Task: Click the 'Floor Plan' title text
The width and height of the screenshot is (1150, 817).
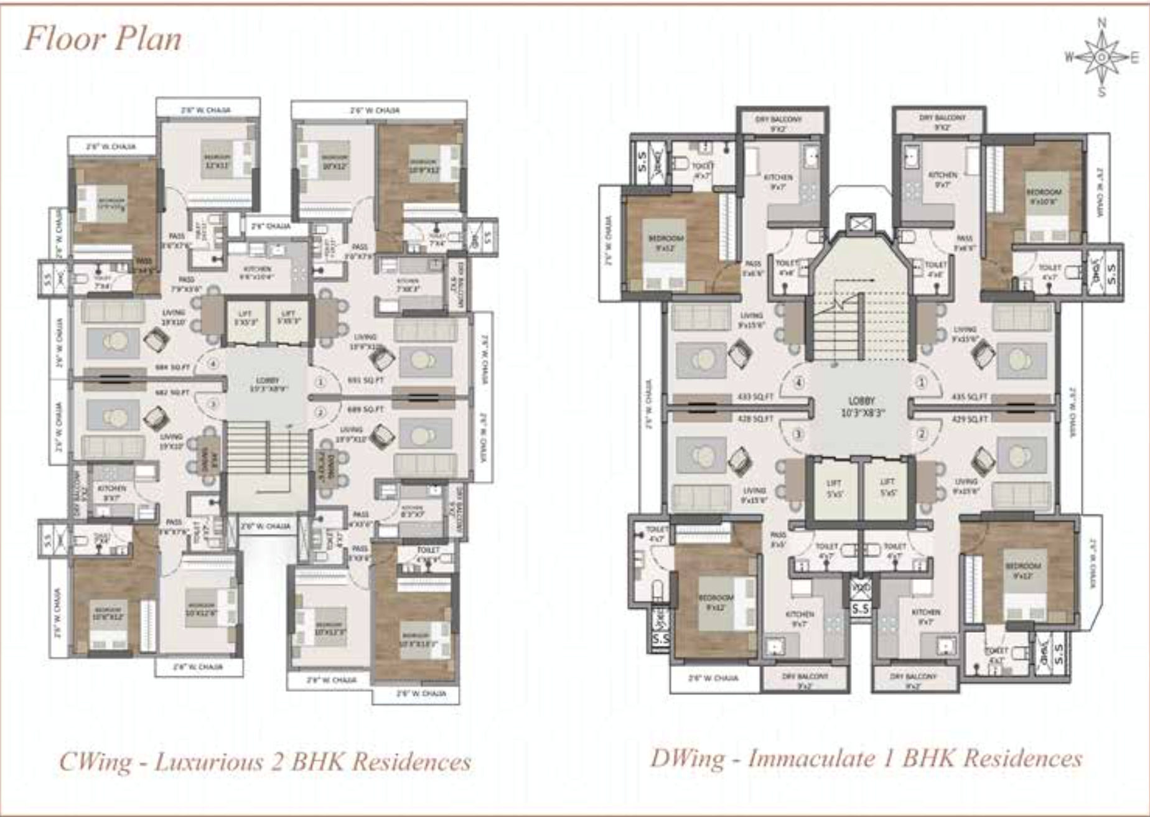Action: (103, 39)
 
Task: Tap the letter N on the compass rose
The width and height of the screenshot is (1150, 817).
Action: (1101, 23)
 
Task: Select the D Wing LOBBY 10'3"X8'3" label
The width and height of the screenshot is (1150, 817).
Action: (862, 406)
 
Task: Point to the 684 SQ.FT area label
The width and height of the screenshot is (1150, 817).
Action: (172, 368)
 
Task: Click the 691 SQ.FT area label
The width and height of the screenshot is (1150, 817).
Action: (365, 380)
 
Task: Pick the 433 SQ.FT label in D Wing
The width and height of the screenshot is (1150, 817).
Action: (755, 396)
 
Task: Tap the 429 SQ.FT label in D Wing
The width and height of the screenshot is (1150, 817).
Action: (970, 419)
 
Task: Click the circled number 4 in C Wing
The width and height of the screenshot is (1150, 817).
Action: (213, 364)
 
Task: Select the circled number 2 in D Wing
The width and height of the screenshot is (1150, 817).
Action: (922, 434)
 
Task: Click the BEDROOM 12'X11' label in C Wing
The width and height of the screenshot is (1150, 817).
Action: (217, 161)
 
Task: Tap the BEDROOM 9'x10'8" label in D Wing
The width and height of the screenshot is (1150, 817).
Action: (1044, 196)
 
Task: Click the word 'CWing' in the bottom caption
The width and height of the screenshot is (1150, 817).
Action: (95, 762)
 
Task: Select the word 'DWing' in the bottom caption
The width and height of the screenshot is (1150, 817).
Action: (687, 758)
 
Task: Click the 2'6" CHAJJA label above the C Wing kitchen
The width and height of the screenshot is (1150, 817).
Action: (271, 226)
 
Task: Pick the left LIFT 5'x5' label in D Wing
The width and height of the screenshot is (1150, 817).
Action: (834, 487)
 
